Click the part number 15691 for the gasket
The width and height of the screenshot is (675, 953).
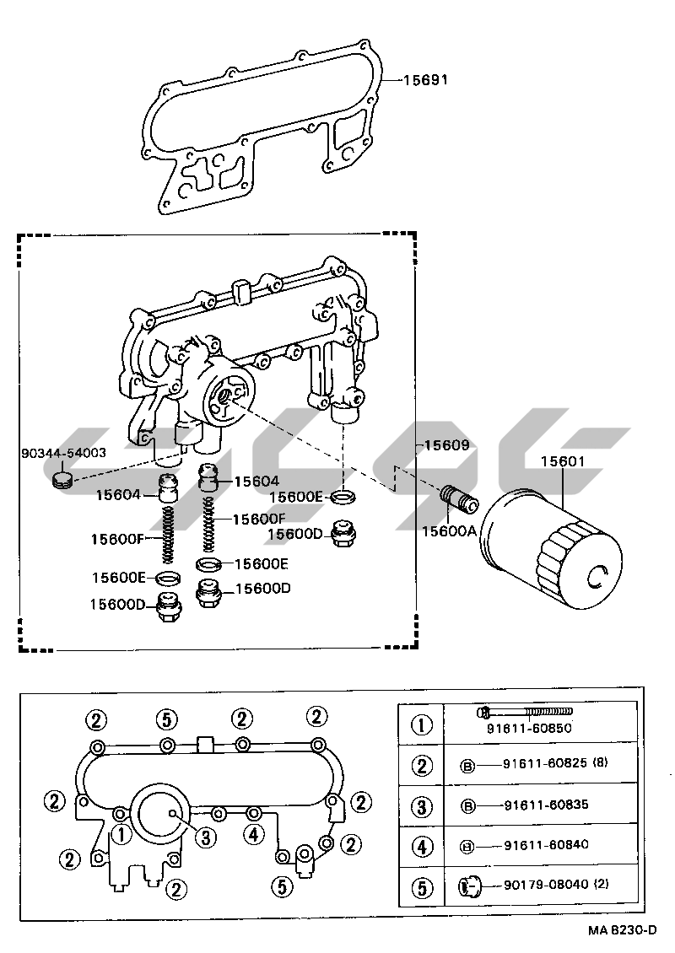pos(426,79)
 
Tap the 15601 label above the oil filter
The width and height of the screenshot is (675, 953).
pos(563,461)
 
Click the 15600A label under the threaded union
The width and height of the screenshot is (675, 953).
pos(450,531)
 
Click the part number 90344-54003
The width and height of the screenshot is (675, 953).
pos(64,453)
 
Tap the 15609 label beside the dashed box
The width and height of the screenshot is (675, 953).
pos(447,445)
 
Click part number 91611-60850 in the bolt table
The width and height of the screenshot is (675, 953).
pos(529,728)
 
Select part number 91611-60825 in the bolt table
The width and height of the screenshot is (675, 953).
pos(545,762)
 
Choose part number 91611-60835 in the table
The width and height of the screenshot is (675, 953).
pos(546,805)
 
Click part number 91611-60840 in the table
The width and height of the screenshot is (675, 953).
pos(546,844)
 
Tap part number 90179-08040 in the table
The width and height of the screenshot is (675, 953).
pos(546,885)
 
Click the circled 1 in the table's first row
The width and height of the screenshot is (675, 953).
pos(422,725)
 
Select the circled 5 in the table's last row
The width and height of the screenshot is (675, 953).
pos(422,888)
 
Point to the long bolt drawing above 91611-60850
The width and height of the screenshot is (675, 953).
pos(524,711)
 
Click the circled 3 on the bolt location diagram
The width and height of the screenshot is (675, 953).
pos(206,837)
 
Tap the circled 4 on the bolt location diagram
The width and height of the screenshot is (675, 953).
pos(254,834)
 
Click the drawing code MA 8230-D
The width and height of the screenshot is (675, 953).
pos(622,930)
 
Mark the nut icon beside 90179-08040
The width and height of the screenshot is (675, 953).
pos(469,886)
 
